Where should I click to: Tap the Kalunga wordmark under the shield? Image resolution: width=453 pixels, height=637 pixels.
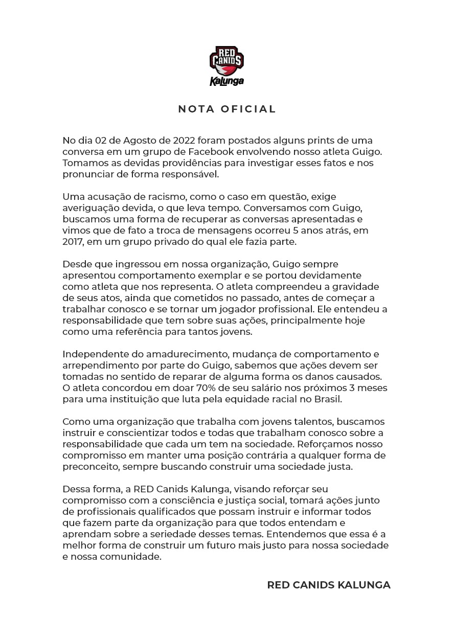227,81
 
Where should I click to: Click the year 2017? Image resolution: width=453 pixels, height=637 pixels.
74,242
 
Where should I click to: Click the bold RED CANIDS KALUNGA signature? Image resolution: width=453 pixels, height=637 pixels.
328,585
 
